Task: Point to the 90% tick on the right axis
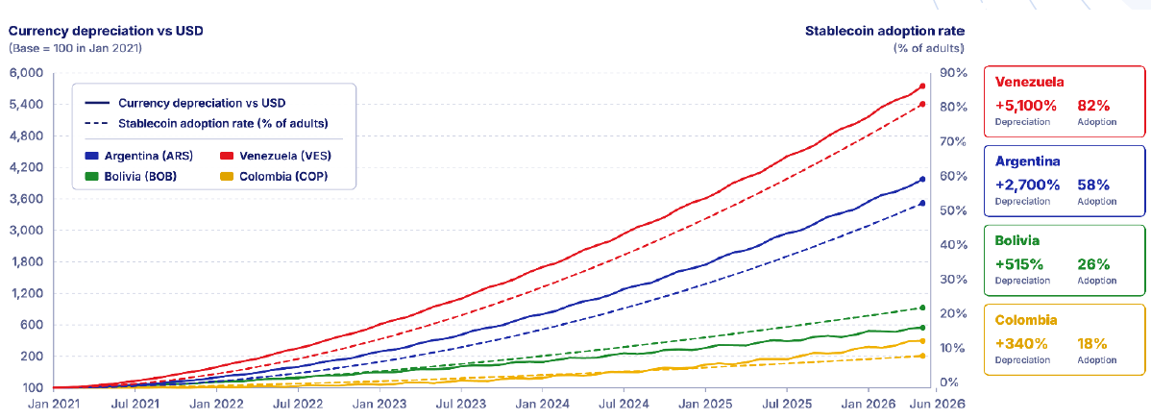click(950, 73)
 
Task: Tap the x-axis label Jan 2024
click(542, 403)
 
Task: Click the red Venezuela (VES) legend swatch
click(228, 156)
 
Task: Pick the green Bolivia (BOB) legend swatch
click(92, 176)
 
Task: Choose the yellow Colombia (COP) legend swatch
click(228, 176)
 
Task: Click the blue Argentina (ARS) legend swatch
click(92, 156)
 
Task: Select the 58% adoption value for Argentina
click(1093, 184)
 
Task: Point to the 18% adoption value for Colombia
click(1091, 343)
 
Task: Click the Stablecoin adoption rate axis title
click(885, 31)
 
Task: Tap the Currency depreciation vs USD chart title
click(106, 31)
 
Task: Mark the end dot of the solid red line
click(922, 86)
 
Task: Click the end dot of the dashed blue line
click(922, 204)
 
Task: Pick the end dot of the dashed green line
click(922, 308)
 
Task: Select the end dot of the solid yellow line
click(922, 341)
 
